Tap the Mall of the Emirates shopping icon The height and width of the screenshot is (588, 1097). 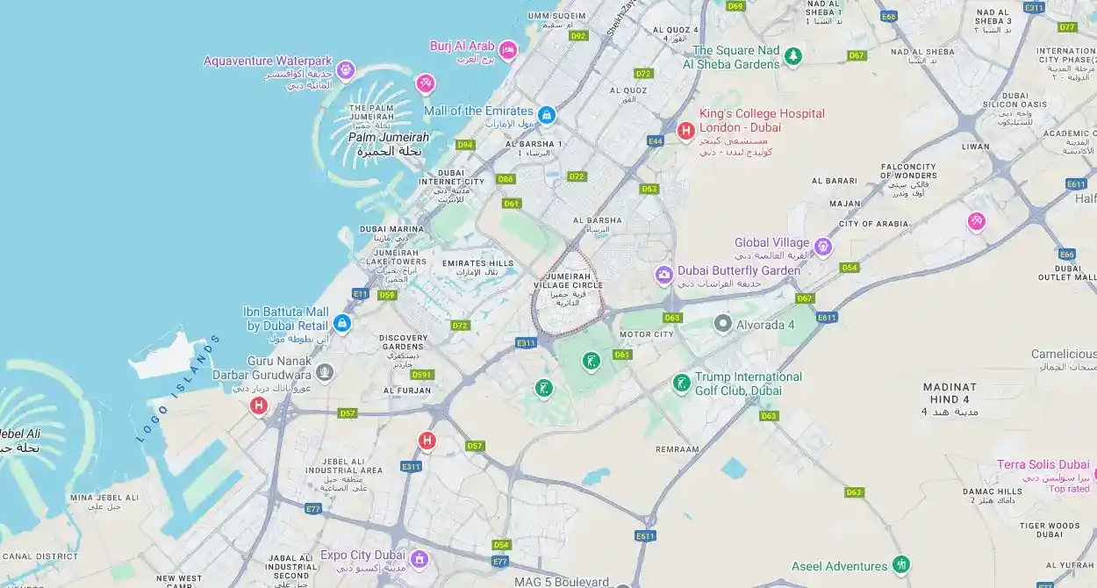click(x=547, y=114)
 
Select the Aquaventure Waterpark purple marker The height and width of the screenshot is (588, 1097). click(x=346, y=68)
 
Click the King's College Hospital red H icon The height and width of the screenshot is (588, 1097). click(x=685, y=131)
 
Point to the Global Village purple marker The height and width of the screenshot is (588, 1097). click(x=822, y=246)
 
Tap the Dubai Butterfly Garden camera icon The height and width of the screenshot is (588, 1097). click(x=664, y=276)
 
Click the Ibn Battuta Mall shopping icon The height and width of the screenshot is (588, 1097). click(x=342, y=324)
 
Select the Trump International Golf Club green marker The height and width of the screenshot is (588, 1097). click(x=681, y=383)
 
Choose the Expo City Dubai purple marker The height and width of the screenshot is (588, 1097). click(x=419, y=558)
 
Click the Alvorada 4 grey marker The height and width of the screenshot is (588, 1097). click(x=722, y=324)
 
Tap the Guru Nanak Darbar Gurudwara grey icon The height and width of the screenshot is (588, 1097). click(x=325, y=372)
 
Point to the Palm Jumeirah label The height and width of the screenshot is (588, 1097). click(x=389, y=138)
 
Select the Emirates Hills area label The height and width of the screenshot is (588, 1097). click(x=477, y=263)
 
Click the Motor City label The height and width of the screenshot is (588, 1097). click(x=647, y=334)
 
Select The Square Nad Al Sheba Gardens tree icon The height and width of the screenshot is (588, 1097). click(x=793, y=56)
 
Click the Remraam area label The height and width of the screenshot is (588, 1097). click(x=678, y=448)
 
